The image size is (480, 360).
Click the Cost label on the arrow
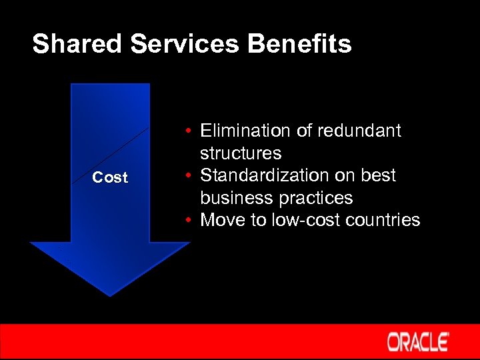[110, 177]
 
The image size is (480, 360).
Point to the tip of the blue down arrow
[110, 294]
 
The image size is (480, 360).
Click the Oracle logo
[418, 342]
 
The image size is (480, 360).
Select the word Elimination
[247, 131]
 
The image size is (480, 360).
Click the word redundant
[361, 131]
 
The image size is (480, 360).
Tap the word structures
[241, 153]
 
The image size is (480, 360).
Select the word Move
[223, 220]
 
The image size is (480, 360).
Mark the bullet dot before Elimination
[190, 131]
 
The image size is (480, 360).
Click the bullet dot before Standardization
[190, 176]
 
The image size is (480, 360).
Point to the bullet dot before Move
[190, 221]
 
